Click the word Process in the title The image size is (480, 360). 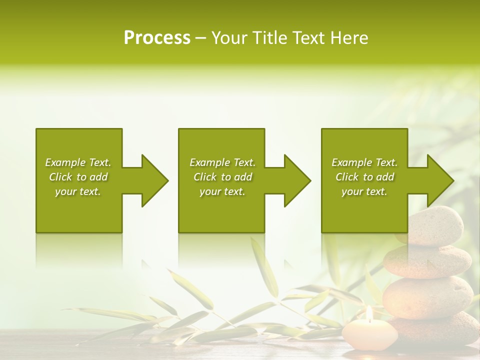tap(157, 38)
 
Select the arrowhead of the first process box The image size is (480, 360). tap(153, 180)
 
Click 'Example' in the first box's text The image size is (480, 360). tap(65, 162)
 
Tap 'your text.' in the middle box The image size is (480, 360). tap(222, 191)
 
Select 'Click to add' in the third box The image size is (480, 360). tap(364, 177)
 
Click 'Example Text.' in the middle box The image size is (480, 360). tap(222, 162)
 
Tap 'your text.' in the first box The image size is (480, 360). tap(78, 191)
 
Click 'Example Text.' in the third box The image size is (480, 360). tap(364, 162)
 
